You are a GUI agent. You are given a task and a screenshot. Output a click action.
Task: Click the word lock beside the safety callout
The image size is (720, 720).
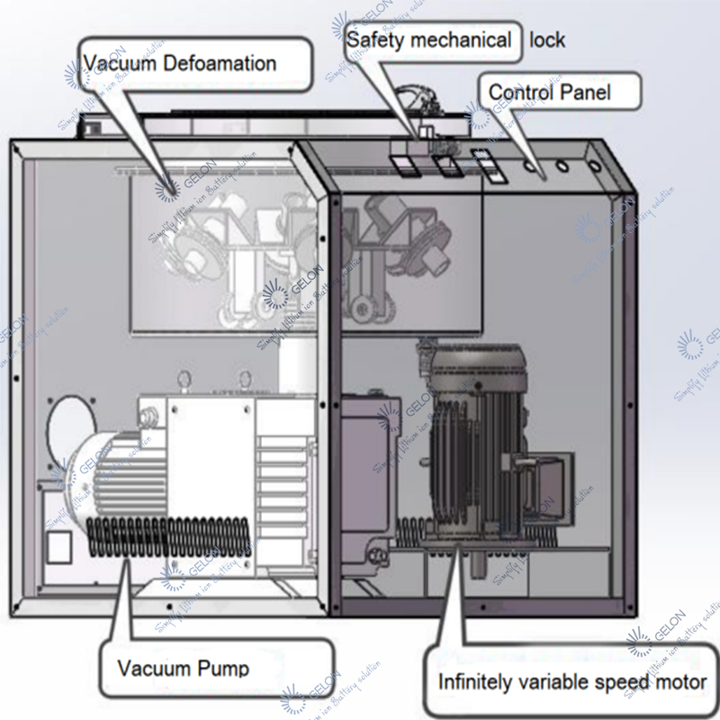(547, 40)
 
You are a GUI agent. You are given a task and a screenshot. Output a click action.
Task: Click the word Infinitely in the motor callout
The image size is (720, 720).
(479, 681)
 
